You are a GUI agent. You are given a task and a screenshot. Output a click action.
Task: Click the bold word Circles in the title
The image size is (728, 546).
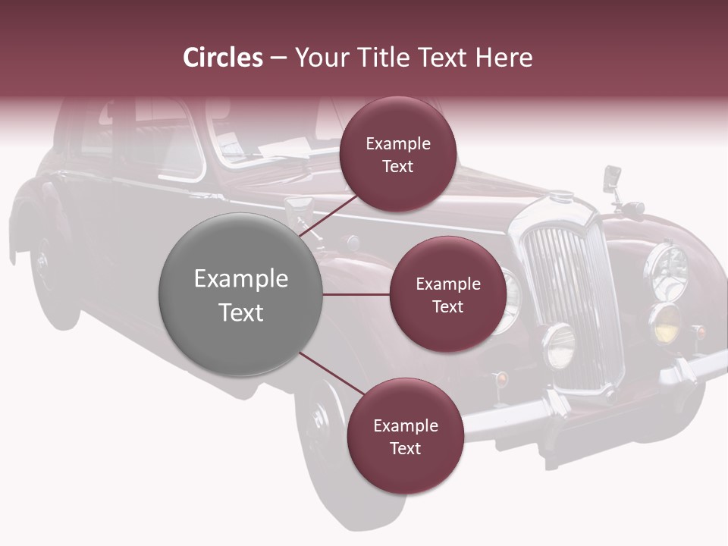point(223,58)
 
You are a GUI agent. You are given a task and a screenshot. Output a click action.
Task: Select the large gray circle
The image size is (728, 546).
point(240,294)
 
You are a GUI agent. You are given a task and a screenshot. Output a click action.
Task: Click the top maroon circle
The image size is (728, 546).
point(397,154)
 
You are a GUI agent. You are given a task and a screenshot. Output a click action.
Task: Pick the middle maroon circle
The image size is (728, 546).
point(447,294)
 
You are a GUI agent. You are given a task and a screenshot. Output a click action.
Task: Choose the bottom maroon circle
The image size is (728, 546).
point(405,436)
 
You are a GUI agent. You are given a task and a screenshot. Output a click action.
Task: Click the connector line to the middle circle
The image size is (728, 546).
point(356,294)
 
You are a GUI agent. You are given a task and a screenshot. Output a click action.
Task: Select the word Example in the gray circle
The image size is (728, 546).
point(240,278)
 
